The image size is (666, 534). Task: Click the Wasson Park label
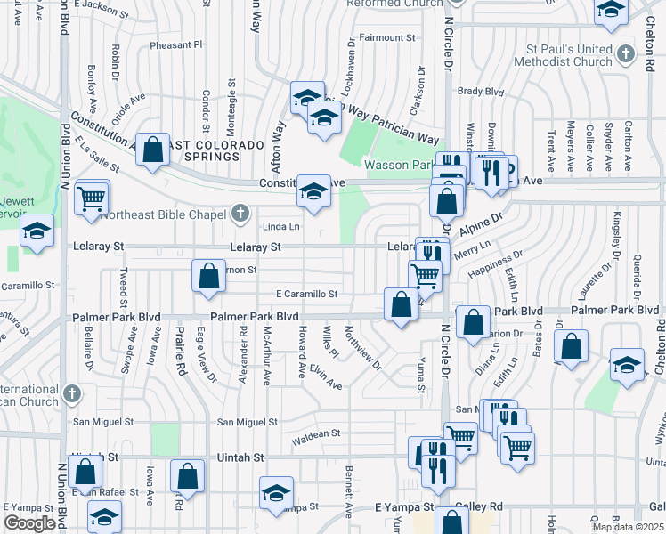click(398, 165)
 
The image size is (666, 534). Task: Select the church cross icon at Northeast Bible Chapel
click(239, 213)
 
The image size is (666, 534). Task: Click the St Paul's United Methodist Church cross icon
click(627, 55)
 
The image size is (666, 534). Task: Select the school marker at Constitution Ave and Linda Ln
click(313, 191)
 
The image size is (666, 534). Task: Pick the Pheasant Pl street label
click(176, 44)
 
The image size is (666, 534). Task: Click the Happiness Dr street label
click(496, 263)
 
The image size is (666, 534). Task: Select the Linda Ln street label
click(280, 226)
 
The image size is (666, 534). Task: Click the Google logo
click(29, 523)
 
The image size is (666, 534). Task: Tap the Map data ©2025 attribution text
click(629, 527)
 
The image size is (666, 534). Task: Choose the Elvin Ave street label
click(327, 380)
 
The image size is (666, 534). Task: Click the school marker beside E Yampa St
click(276, 493)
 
